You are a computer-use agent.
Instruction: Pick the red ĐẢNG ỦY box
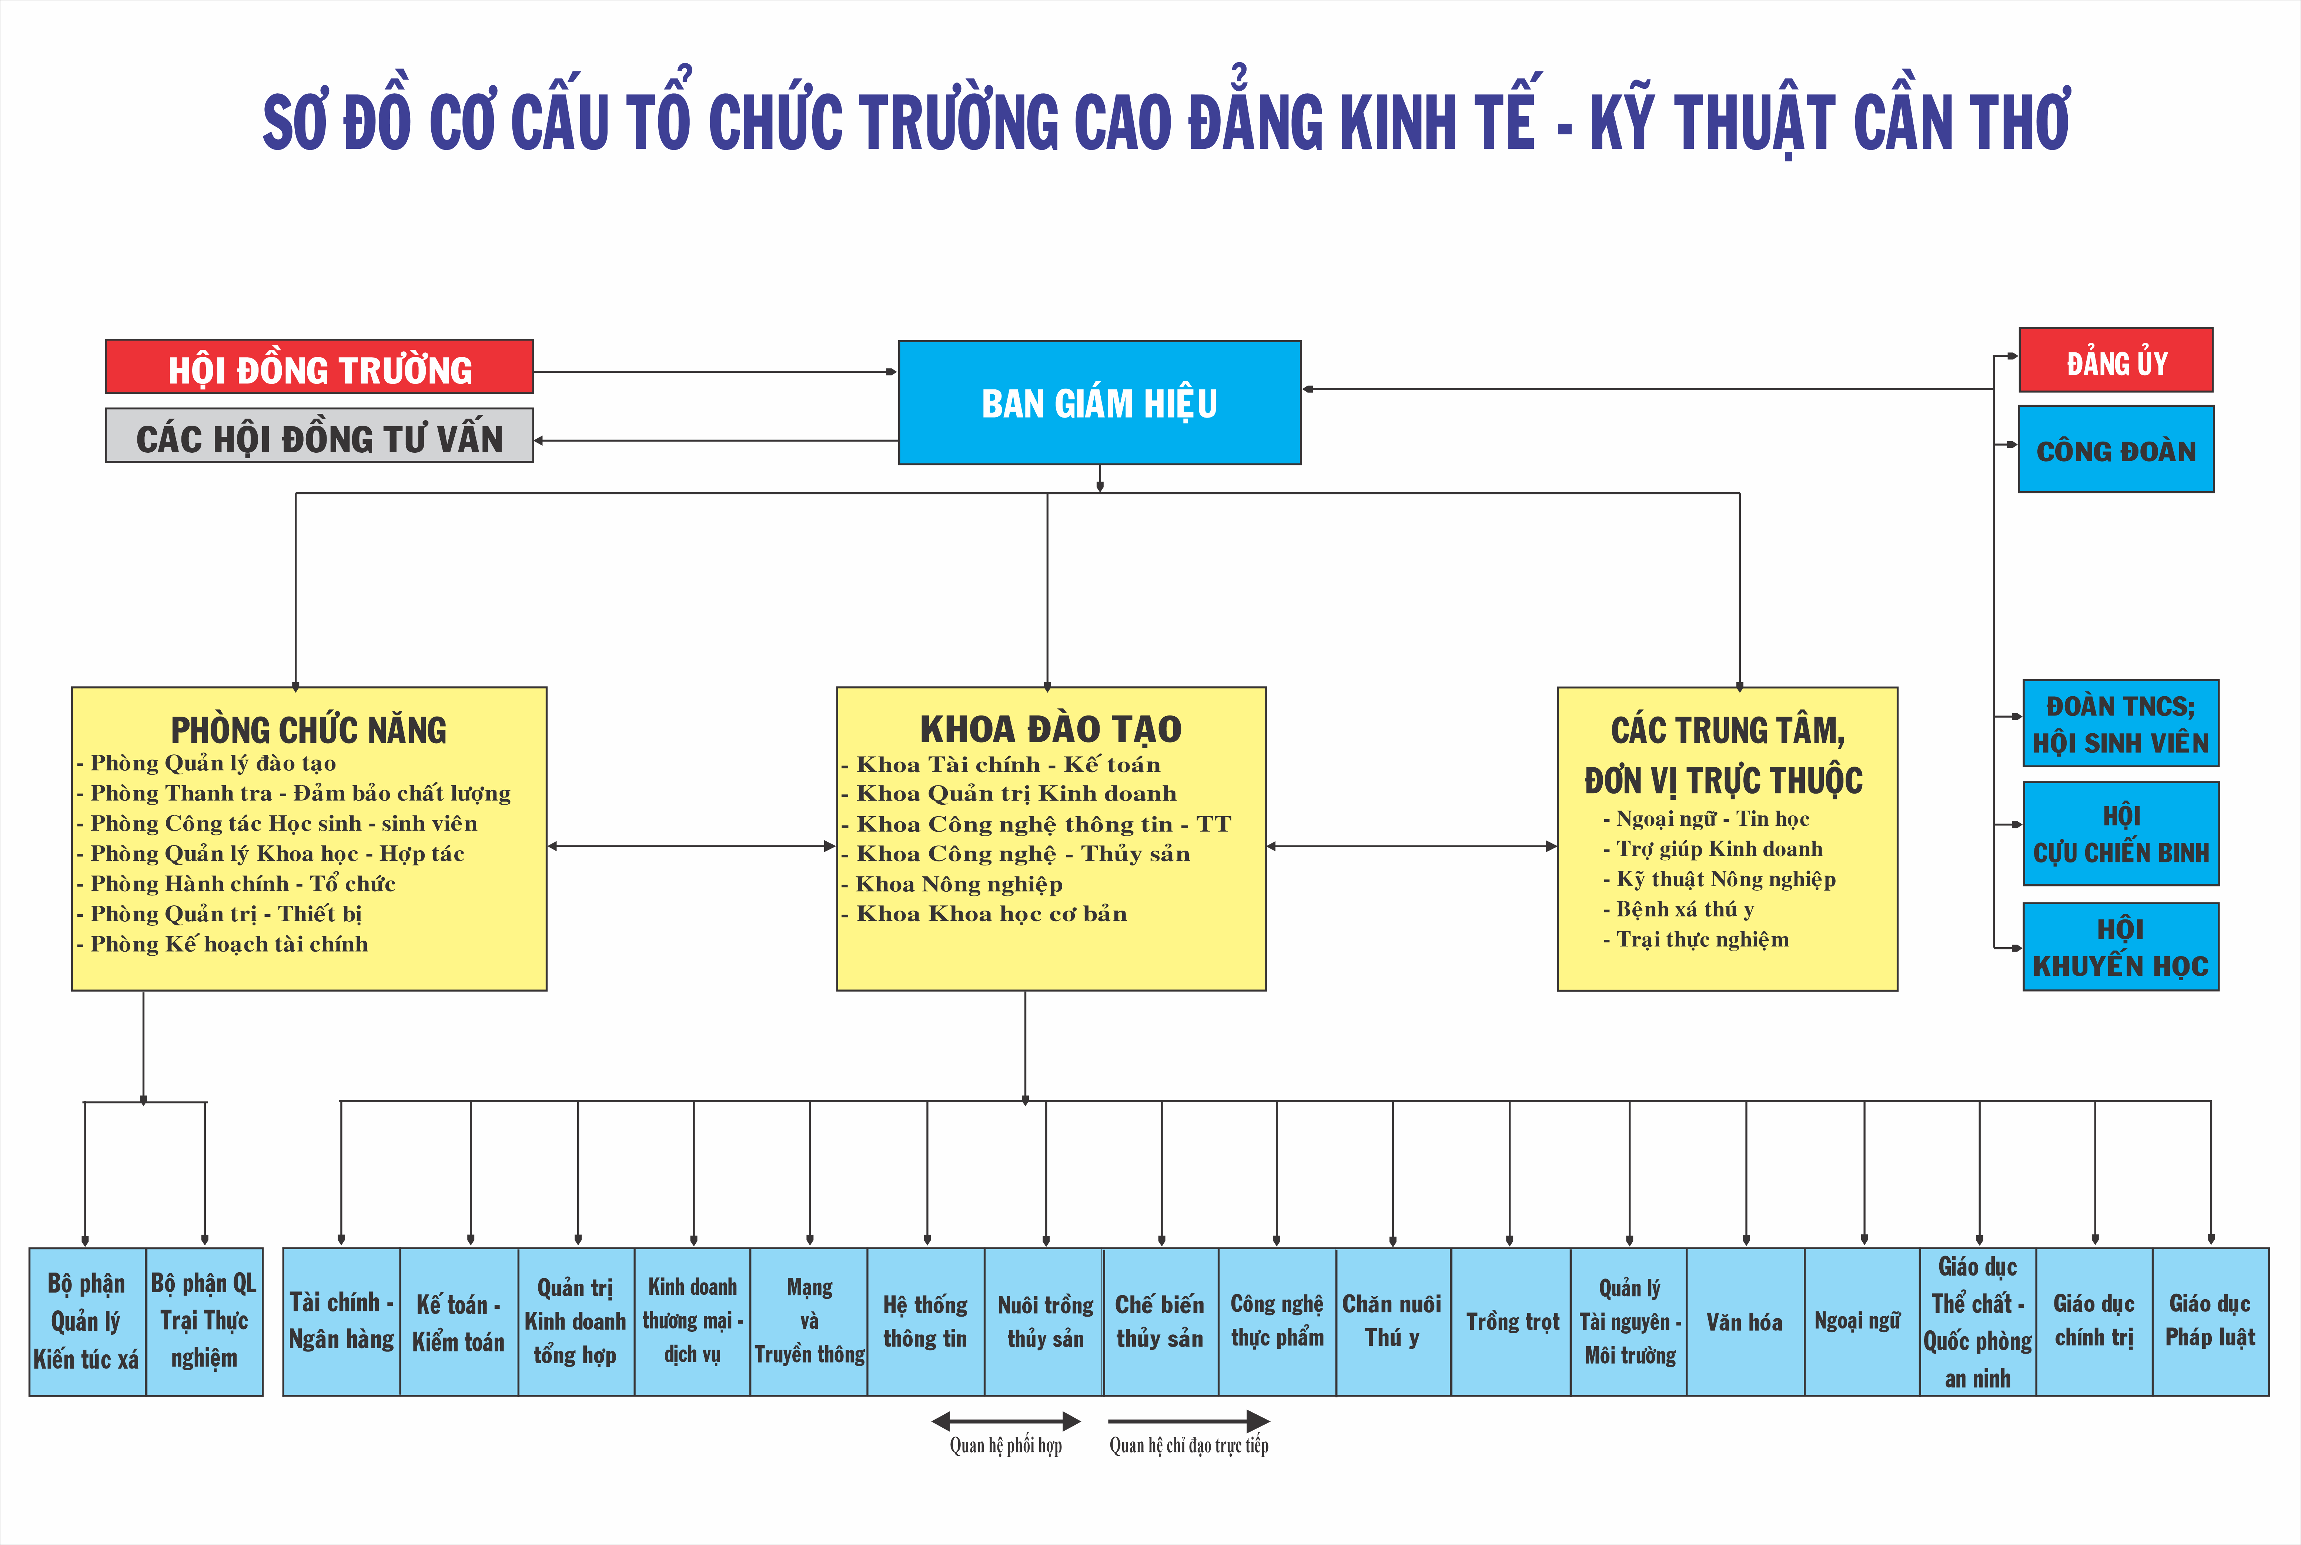pos(2116,361)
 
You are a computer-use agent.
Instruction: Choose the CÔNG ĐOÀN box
pos(2116,449)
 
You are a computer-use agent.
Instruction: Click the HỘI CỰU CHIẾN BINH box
pos(2121,834)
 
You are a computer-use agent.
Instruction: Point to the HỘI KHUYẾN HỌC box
pos(2121,947)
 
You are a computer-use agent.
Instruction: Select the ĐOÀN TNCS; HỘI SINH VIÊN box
pos(2121,723)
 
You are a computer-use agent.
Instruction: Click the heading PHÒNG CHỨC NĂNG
pos(308,730)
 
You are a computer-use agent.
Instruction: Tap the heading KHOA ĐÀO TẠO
pos(1050,729)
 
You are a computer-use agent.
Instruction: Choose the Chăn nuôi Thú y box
pos(1391,1321)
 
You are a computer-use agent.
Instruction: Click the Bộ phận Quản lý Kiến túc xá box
pos(87,1321)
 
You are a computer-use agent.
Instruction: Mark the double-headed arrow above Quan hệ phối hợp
pos(1006,1421)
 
